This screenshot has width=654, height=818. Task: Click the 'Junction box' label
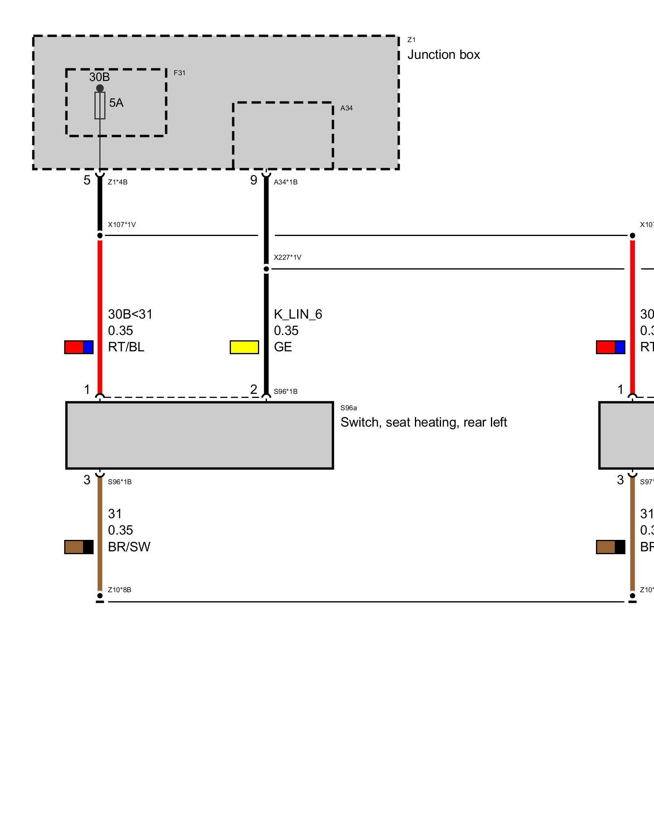coord(443,55)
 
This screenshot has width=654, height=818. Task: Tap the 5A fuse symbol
coord(100,106)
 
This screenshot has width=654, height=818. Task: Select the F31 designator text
coord(179,73)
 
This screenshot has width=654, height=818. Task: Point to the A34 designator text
coord(346,108)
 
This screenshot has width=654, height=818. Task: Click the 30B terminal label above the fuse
coord(99,77)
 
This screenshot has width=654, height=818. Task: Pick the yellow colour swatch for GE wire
coord(244,347)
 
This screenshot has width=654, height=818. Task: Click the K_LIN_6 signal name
coord(298,315)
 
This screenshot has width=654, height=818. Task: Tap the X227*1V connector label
coord(287,257)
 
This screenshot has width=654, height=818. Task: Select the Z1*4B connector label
coord(118,182)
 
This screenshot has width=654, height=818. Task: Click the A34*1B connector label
coord(286,182)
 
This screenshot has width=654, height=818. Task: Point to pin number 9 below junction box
coord(254,180)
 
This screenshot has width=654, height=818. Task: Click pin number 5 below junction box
coord(87,180)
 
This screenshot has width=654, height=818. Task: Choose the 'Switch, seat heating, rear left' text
coord(423,422)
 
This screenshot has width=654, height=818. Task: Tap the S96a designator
coord(349,408)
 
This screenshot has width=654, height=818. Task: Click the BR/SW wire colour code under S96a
coord(129,547)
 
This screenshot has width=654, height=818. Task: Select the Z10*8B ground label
coord(119,590)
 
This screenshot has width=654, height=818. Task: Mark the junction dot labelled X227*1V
coord(266,269)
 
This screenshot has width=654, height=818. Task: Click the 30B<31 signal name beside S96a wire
coord(130,315)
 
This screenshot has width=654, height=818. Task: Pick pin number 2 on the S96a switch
coord(254,389)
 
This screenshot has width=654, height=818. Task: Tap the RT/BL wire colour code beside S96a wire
coord(126,347)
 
